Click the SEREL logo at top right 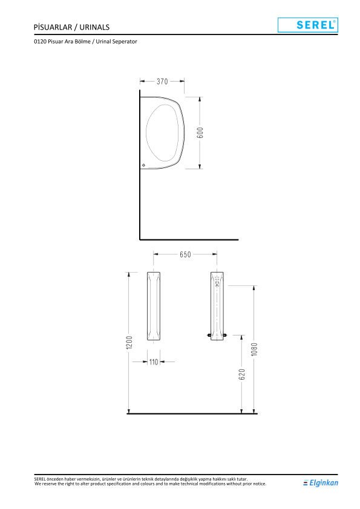tap(307, 25)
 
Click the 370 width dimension tap(162, 81)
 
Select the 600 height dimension tap(200, 132)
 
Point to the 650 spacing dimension tap(185, 254)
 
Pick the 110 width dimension tap(154, 361)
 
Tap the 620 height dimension tap(242, 375)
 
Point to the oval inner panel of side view tap(163, 132)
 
